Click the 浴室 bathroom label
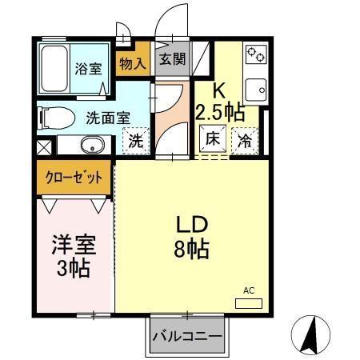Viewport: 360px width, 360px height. pos(87,69)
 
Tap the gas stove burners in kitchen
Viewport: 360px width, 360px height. pos(257,55)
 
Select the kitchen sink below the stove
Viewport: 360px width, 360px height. pos(257,86)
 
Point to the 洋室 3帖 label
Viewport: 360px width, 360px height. pos(73,254)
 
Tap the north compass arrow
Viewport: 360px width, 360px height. pos(311,333)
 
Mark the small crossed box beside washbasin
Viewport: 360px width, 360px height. pos(43,148)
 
